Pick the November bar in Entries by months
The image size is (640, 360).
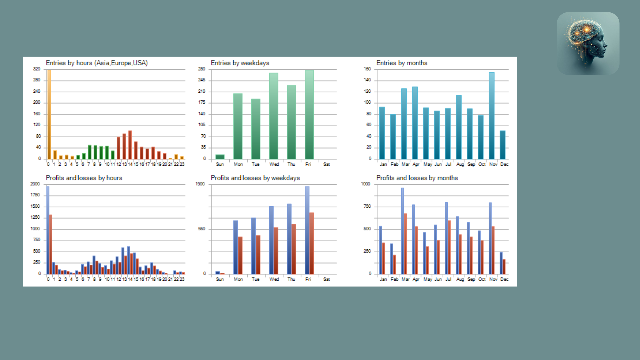point(491,115)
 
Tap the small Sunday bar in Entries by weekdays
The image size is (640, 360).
point(220,156)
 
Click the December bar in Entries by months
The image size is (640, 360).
point(502,145)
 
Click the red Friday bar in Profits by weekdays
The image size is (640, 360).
point(312,243)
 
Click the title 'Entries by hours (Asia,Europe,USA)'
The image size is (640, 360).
point(97,63)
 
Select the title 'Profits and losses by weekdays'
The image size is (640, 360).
point(255,178)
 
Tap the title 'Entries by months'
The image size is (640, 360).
point(402,63)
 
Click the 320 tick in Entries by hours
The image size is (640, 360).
point(37,69)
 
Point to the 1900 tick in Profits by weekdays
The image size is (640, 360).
point(200,184)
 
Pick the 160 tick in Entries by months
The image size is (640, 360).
point(367,69)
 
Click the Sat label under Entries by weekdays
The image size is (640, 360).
point(326,164)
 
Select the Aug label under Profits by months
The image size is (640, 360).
point(460,279)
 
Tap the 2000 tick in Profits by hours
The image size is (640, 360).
point(35,184)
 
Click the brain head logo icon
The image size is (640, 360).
point(588,43)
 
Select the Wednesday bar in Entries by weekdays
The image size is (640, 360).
point(273,116)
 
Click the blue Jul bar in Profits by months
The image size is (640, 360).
point(446,238)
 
